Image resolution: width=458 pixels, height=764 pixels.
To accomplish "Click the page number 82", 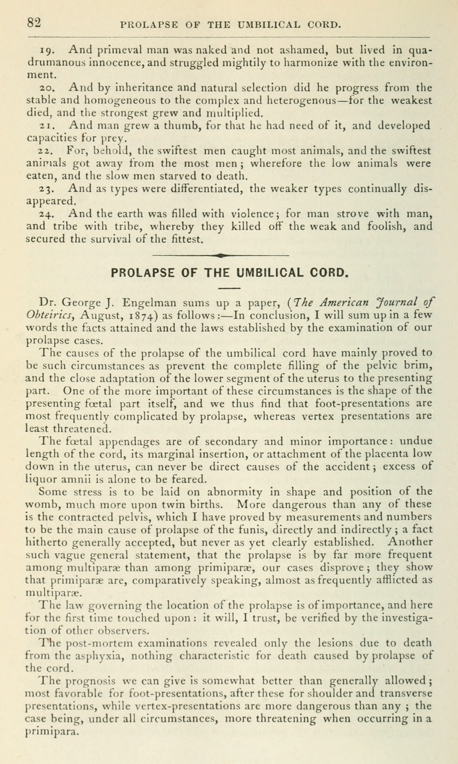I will pos(34,23).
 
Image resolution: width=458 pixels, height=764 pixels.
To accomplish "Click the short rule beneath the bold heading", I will pos(229,288).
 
